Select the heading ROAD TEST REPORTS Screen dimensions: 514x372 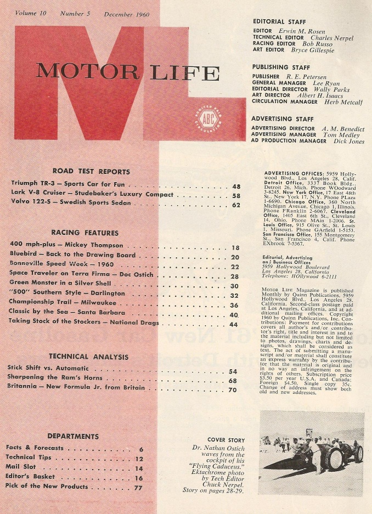91,171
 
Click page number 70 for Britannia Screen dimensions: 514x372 233,389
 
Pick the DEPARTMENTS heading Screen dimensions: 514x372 73,436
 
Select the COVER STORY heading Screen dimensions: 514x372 223,439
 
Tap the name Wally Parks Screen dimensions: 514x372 331,89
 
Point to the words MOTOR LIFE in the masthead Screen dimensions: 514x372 127,72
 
